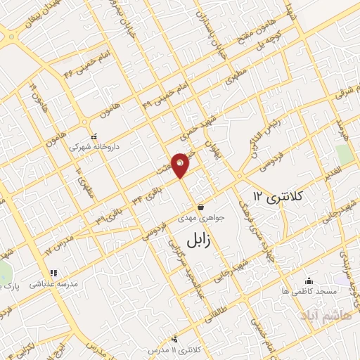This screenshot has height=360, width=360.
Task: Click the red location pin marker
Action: click(x=181, y=165)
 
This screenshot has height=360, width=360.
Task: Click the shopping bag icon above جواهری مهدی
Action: click(x=201, y=207)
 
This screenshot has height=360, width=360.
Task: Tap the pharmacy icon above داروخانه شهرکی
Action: click(x=94, y=138)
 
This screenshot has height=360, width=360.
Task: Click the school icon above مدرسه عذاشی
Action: click(x=52, y=273)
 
